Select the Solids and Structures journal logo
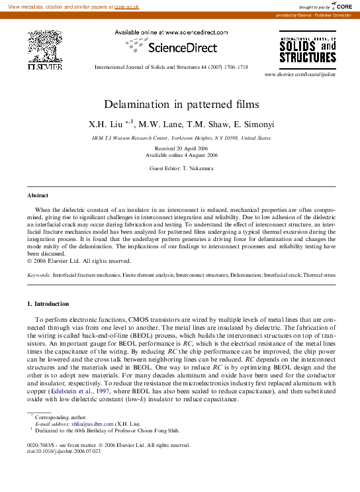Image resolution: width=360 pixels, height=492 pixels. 308,50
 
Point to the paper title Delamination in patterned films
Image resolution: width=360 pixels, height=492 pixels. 181,105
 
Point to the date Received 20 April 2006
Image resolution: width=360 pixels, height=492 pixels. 181,148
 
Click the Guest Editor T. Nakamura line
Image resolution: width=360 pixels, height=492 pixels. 181,169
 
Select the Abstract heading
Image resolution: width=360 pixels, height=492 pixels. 38,196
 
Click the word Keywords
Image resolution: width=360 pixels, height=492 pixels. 39,273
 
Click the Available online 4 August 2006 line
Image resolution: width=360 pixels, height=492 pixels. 181,155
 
